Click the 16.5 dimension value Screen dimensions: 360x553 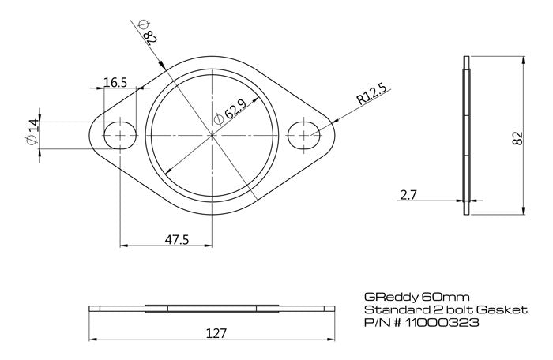pyautogui.click(x=115, y=81)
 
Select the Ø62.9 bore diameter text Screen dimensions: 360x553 pyautogui.click(x=229, y=112)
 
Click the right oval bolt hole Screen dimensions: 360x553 pyautogui.click(x=304, y=135)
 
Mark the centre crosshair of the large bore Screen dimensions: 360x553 pyautogui.click(x=212, y=135)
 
